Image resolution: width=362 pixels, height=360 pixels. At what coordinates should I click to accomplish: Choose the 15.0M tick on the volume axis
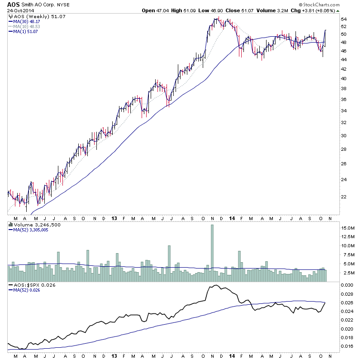click(347, 228)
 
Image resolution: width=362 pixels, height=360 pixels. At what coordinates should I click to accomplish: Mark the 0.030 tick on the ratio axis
click(346, 285)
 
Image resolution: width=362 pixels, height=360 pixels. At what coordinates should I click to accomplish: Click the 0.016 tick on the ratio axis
click(346, 346)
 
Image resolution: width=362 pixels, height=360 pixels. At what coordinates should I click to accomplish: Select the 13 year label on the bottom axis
click(114, 218)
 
